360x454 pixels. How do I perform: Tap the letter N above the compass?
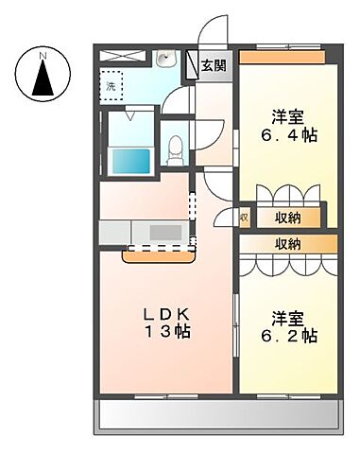pyautogui.click(x=43, y=55)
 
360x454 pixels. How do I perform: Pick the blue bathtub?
pyautogui.click(x=131, y=158)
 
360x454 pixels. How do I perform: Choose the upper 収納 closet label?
pyautogui.click(x=288, y=217)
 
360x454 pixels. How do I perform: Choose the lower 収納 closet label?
pyautogui.click(x=288, y=244)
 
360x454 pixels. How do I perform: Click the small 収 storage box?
pyautogui.click(x=243, y=218)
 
